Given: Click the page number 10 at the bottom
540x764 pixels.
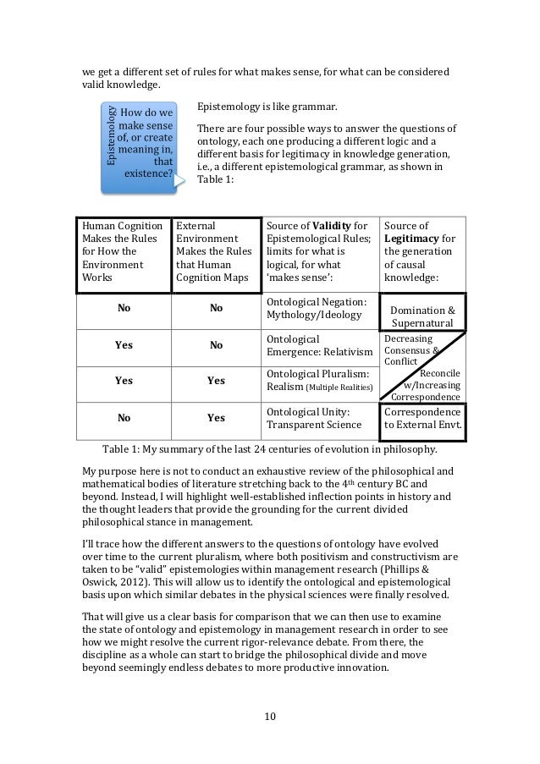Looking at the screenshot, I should [x=270, y=719].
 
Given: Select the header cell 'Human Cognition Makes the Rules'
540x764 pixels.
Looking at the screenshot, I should [x=123, y=251].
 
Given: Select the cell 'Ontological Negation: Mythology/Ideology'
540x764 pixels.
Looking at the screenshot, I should [x=317, y=309].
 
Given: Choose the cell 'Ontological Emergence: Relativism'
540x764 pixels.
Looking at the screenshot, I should [x=319, y=344].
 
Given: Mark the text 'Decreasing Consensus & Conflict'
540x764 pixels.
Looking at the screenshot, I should [x=410, y=347].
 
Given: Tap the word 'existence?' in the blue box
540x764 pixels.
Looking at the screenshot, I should [x=148, y=175].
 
